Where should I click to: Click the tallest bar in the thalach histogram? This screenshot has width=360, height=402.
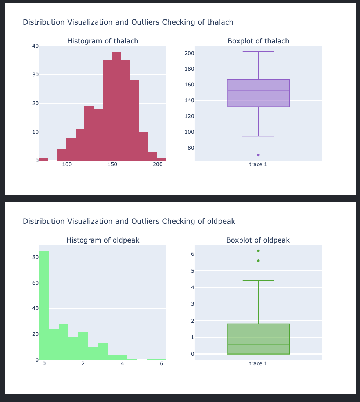point(116,107)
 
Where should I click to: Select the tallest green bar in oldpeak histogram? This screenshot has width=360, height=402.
point(44,305)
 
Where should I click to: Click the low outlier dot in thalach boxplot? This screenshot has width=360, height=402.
point(258,155)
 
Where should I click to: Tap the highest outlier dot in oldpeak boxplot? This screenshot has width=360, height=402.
point(258,251)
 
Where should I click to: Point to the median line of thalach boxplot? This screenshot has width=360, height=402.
point(258,91)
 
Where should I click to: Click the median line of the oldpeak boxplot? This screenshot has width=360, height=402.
point(258,344)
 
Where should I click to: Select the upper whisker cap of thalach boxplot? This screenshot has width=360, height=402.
point(258,52)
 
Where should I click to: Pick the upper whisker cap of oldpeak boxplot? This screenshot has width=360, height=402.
point(258,281)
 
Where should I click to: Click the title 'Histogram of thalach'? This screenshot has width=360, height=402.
point(103,41)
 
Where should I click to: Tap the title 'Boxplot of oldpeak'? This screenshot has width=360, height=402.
point(258,240)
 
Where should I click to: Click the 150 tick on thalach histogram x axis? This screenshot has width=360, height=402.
point(112,164)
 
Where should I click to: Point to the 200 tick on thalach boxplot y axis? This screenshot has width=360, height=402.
point(189,53)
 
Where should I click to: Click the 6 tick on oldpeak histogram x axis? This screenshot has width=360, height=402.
point(161,363)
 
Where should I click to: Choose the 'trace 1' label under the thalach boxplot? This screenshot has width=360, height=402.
point(258,164)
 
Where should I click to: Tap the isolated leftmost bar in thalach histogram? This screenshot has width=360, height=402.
point(44,159)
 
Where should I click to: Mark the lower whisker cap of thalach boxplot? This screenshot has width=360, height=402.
point(258,136)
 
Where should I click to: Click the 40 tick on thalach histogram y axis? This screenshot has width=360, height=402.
point(35,46)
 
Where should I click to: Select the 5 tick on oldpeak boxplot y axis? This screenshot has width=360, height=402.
point(192,271)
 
